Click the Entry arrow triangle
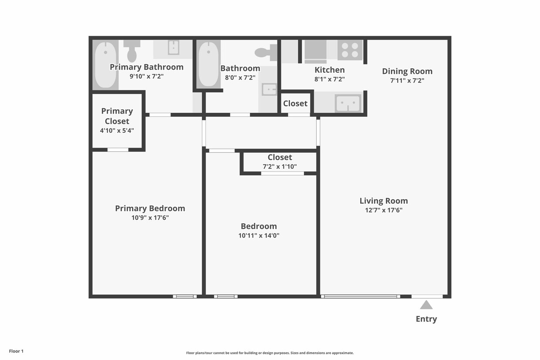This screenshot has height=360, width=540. pos(426,305)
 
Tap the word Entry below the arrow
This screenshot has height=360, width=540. pos(426,319)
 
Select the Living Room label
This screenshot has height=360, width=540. pos(383,201)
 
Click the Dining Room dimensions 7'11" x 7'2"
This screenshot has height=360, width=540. pos(407,81)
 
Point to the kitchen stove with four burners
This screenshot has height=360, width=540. pos(350,50)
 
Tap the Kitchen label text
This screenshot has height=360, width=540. pos(330,70)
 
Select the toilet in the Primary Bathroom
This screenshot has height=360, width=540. pos(132,51)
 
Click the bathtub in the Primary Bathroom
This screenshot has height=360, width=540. pos(105,64)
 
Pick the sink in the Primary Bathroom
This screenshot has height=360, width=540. pos(173,47)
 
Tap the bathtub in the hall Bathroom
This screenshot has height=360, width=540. pos(209,64)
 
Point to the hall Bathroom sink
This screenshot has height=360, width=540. pos(269,89)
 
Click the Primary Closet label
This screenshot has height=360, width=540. pos(117,116)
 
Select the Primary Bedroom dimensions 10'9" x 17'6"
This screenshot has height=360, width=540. pos(150,218)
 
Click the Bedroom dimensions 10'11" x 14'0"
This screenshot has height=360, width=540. pos(259,236)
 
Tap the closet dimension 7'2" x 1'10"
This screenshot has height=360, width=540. pos(280,166)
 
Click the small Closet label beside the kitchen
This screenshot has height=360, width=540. pos(295,103)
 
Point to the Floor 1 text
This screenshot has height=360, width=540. pos(16,351)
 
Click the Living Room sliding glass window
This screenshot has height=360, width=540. pos(361,296)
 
